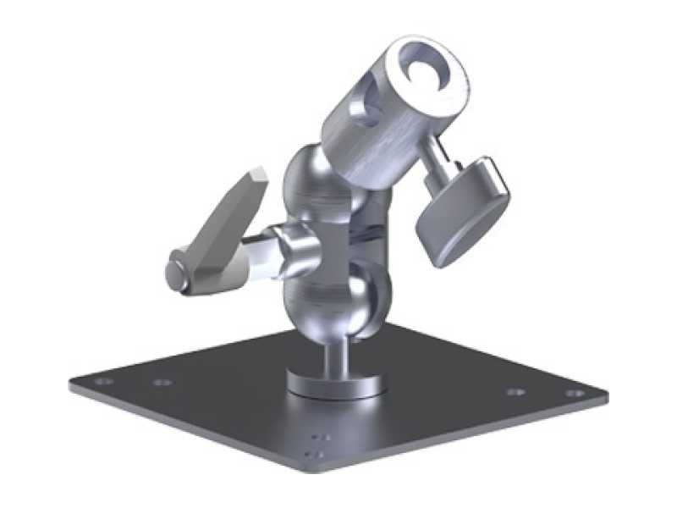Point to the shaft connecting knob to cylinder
coord(437,162)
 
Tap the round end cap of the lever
coord(176,273)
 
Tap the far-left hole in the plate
coord(103,382)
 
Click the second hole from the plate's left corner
coord(162,382)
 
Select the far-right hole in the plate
coord(575,393)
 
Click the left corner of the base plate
coord(71,386)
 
